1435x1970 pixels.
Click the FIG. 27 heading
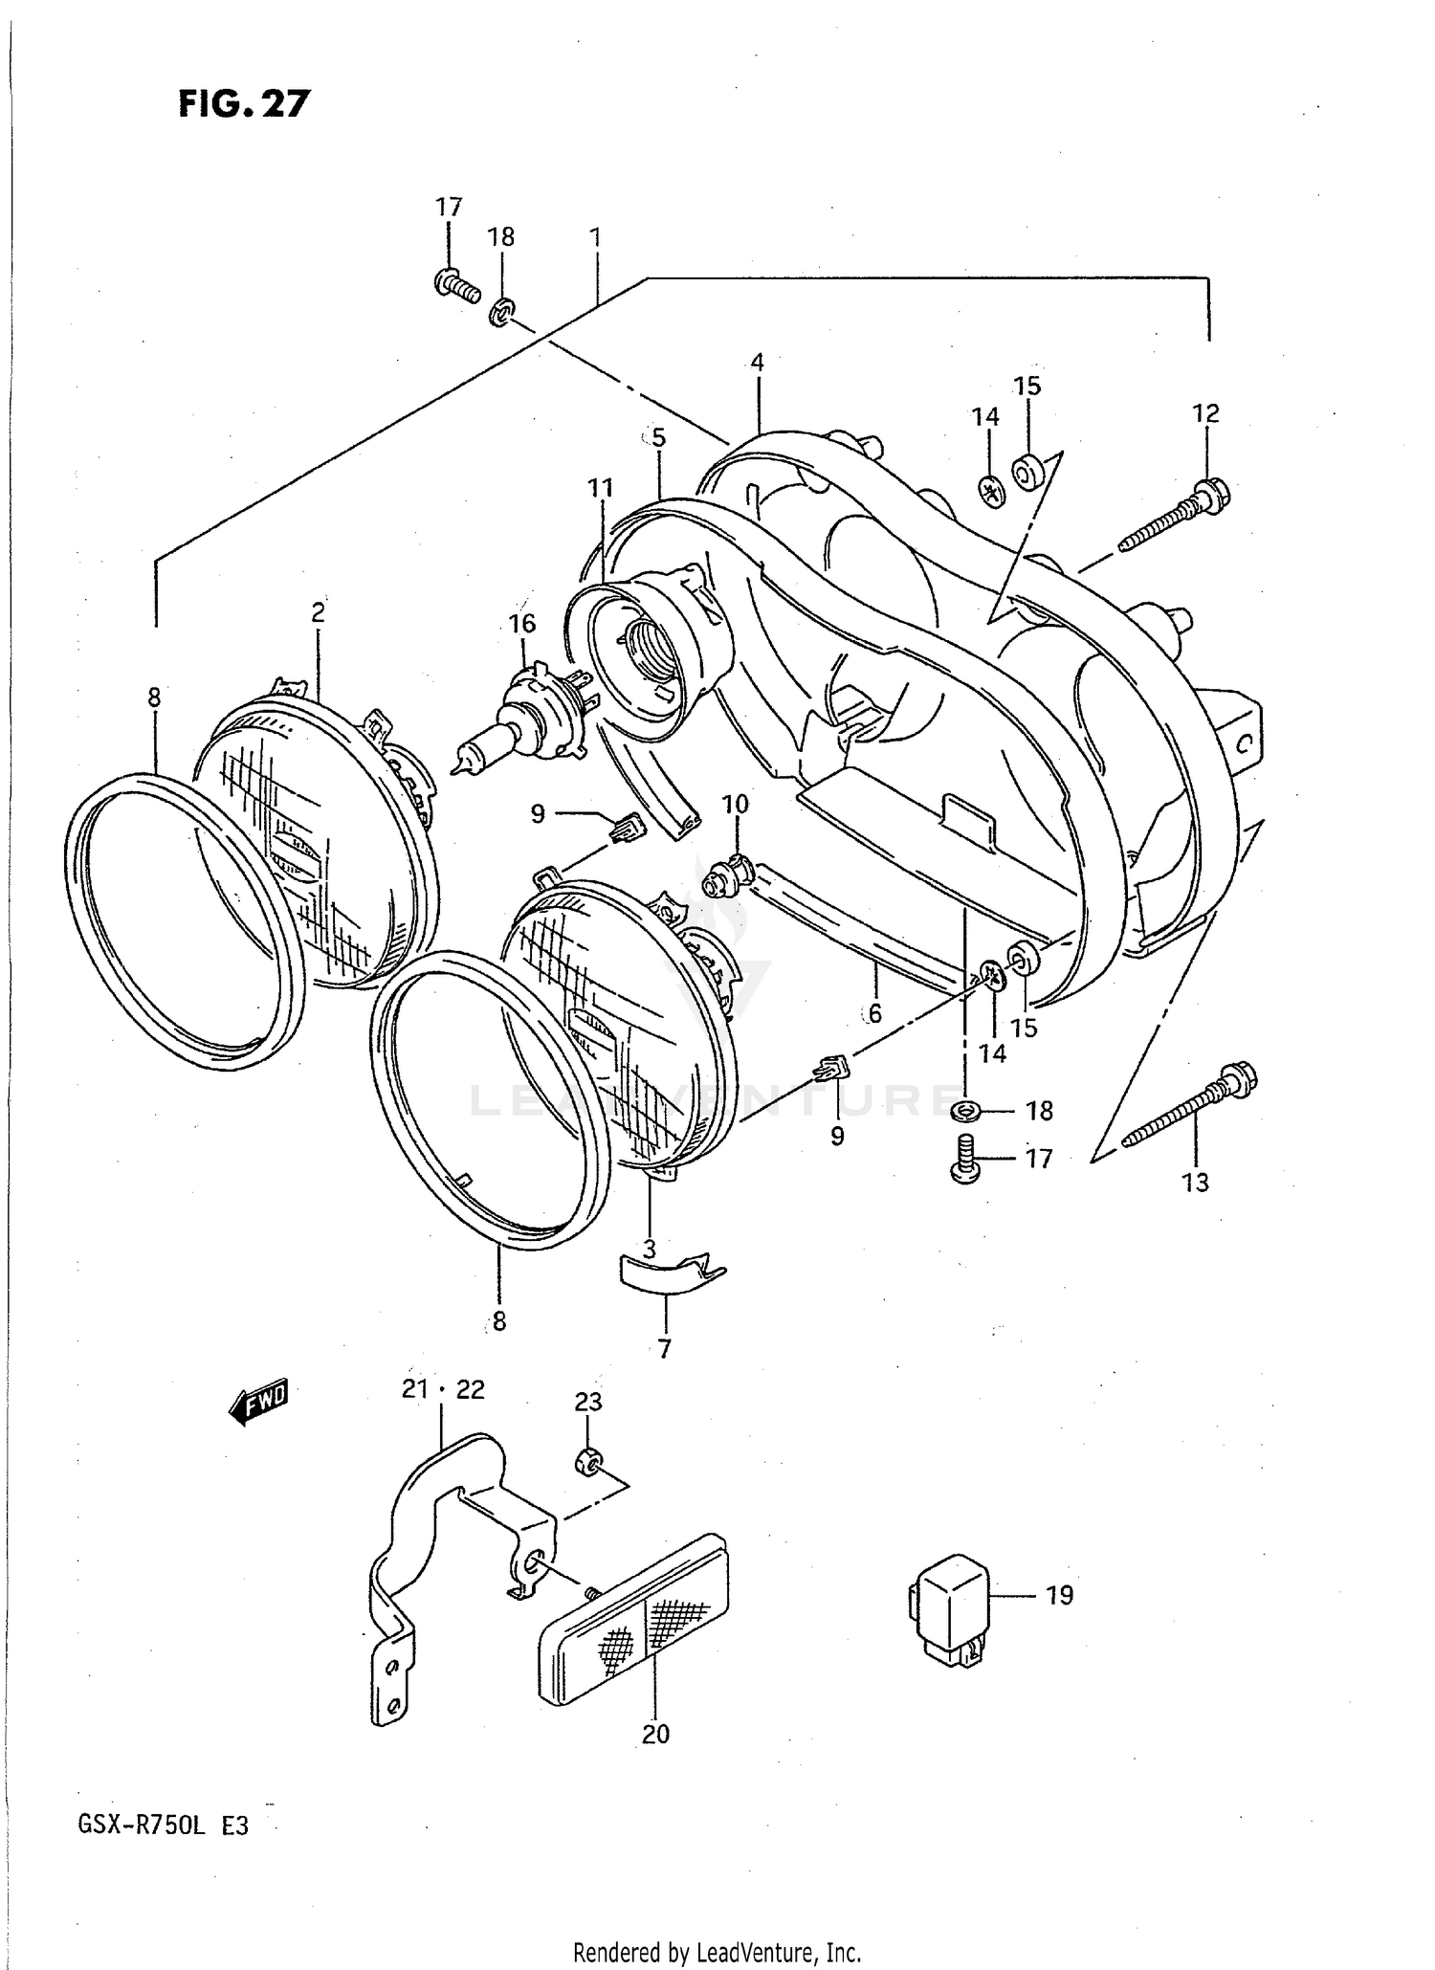(245, 103)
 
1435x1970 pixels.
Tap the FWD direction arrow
(257, 1404)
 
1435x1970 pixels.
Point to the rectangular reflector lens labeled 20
(633, 1616)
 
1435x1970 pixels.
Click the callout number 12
(1205, 413)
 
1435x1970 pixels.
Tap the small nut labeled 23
(587, 1462)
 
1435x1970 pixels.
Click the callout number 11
(600, 488)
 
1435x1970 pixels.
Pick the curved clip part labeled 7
(666, 1274)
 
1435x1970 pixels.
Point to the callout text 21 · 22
(443, 1389)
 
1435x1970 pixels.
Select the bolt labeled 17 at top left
(456, 284)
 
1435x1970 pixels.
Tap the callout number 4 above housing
(757, 362)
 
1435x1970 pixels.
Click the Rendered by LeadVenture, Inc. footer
(717, 1952)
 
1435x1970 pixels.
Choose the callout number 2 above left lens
(319, 612)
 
